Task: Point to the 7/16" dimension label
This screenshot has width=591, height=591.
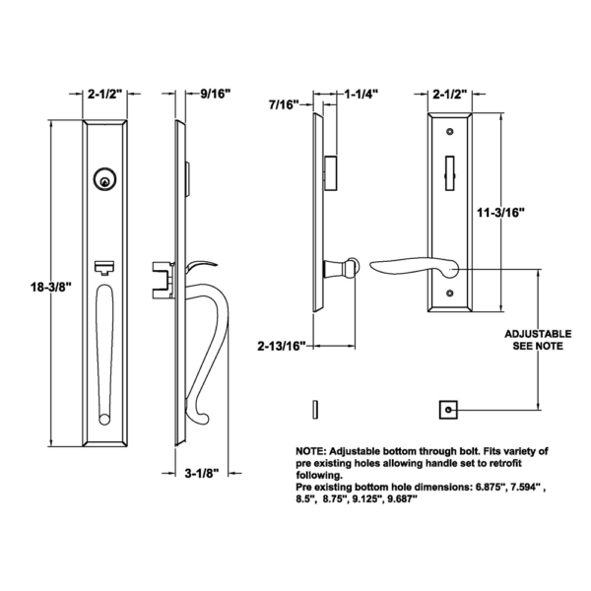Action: [x=285, y=103]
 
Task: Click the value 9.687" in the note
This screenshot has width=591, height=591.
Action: [x=395, y=499]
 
